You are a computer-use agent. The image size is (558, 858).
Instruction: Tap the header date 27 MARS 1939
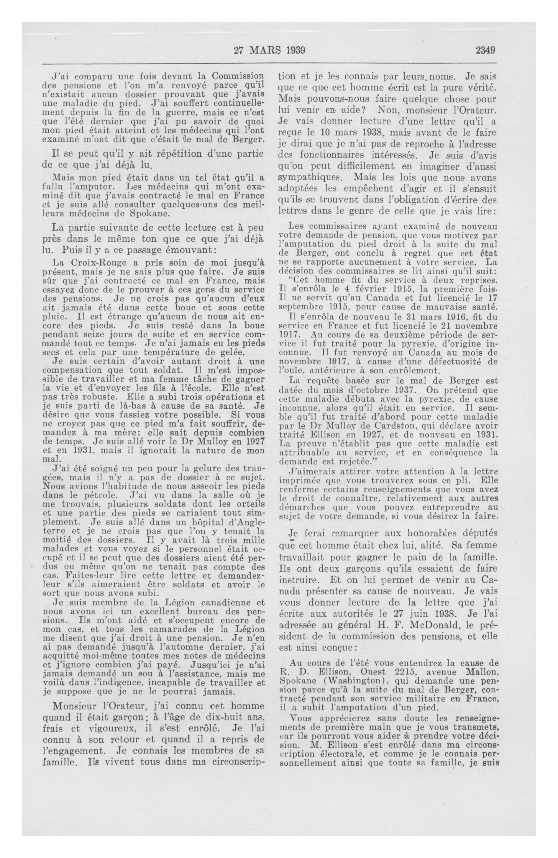pyautogui.click(x=269, y=50)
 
